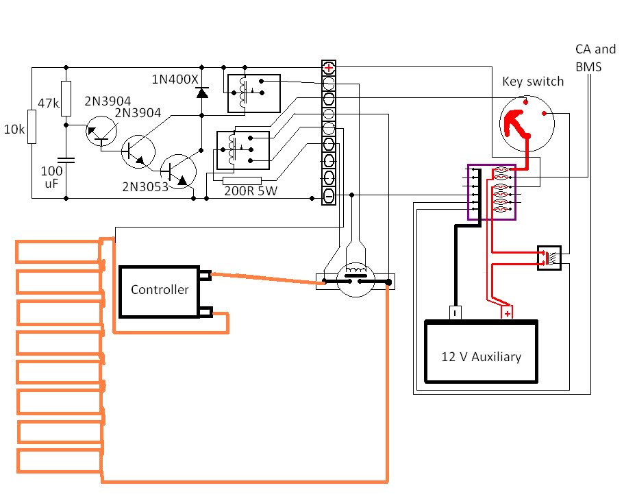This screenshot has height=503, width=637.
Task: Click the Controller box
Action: click(159, 291)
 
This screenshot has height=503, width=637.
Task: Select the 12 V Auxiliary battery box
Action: click(481, 352)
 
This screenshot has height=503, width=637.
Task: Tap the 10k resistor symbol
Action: click(32, 127)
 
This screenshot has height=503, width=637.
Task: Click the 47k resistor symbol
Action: click(66, 99)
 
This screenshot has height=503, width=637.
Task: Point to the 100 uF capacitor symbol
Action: click(66, 160)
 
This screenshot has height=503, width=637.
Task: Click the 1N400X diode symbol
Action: click(202, 93)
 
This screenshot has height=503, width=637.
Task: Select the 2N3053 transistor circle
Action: click(178, 171)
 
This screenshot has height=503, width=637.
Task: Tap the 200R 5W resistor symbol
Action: click(242, 181)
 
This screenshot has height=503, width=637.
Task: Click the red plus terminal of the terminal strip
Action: click(328, 67)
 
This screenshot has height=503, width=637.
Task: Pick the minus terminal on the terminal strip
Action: click(328, 197)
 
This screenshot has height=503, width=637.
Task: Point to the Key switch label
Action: click(533, 82)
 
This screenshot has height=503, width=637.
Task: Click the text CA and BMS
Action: click(595, 58)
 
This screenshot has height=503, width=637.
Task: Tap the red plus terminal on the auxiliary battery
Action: click(507, 313)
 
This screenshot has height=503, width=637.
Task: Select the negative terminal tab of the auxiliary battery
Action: click(455, 313)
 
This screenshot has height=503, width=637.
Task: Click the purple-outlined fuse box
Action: click(492, 192)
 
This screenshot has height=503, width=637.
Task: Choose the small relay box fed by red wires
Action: click(549, 258)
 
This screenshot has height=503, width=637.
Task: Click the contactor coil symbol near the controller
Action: click(355, 269)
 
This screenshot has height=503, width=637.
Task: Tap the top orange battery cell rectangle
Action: click(58, 252)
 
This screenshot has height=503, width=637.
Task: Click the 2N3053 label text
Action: click(145, 186)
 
